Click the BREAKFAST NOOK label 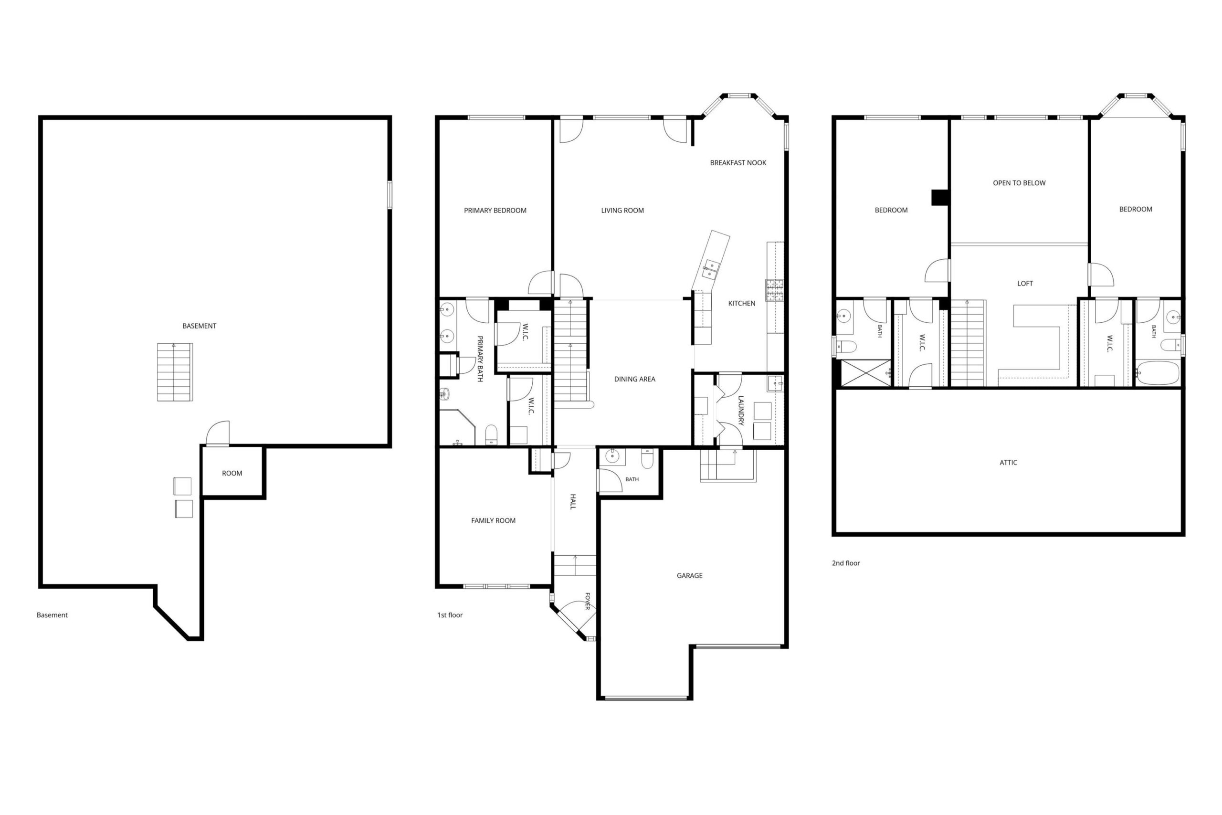pos(738,163)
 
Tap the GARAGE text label pos(689,575)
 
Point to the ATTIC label pos(1008,463)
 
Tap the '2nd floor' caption pos(846,563)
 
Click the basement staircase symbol pos(175,372)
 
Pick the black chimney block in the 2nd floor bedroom pos(940,198)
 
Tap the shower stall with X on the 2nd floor pos(865,373)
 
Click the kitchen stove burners pos(774,291)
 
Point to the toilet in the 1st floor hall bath pos(647,458)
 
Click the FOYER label pos(588,601)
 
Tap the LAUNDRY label pos(741,411)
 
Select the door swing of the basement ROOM pos(218,434)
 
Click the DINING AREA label pos(634,379)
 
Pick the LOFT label pos(1024,283)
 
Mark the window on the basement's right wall pos(390,195)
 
